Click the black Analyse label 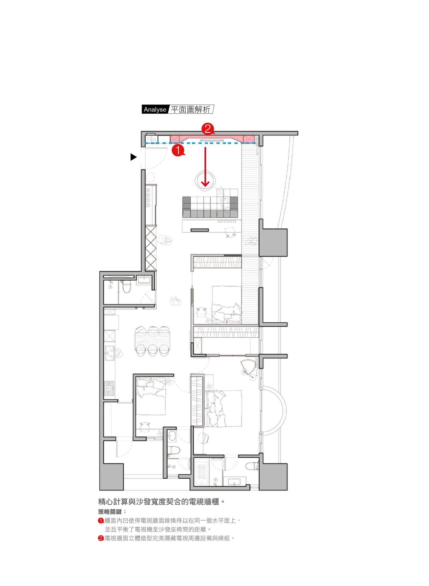coord(155,109)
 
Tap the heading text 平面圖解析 coord(190,109)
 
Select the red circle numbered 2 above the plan coord(208,129)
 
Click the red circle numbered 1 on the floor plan coord(178,150)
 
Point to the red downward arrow coord(205,167)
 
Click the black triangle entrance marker coord(134,157)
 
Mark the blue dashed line coord(200,143)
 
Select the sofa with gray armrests coord(210,207)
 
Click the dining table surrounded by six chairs coord(152,341)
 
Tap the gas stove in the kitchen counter coord(109,388)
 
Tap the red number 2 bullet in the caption coord(101,538)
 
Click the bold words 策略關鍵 coord(110,512)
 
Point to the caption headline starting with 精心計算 coord(161,501)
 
